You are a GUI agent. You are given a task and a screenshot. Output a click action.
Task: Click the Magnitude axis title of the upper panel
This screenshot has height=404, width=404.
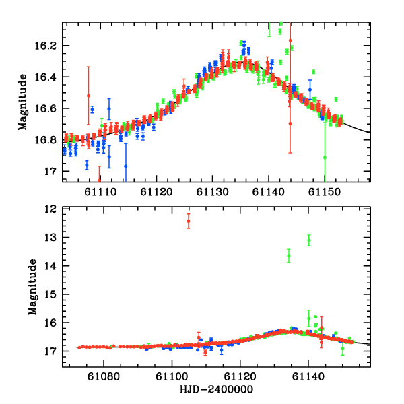23,102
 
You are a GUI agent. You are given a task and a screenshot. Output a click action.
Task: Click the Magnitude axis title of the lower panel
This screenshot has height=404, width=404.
31,287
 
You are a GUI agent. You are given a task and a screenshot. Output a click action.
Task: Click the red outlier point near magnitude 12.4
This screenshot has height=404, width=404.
189,221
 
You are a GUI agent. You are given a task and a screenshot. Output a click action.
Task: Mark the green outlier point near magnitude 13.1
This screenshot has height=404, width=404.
309,240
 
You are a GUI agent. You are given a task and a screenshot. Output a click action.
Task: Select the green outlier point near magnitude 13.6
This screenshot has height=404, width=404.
289,255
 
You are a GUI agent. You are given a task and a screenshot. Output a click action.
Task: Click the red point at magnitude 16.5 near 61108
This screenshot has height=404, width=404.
88,96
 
